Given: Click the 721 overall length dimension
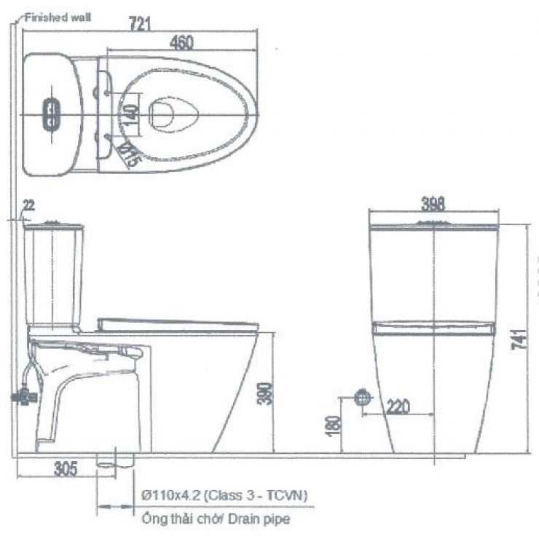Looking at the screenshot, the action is pyautogui.click(x=140, y=23).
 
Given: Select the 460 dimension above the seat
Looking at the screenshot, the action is pyautogui.click(x=181, y=43).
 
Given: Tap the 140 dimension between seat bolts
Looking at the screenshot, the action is pyautogui.click(x=131, y=114).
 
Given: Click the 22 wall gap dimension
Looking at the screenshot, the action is pyautogui.click(x=29, y=205).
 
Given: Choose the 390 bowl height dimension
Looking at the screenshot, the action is pyautogui.click(x=265, y=393).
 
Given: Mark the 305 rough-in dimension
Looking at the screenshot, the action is pyautogui.click(x=66, y=468).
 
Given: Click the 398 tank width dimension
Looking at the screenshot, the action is pyautogui.click(x=433, y=203).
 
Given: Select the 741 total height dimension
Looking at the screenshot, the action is pyautogui.click(x=519, y=339).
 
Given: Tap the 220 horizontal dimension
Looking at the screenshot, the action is pyautogui.click(x=398, y=406).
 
